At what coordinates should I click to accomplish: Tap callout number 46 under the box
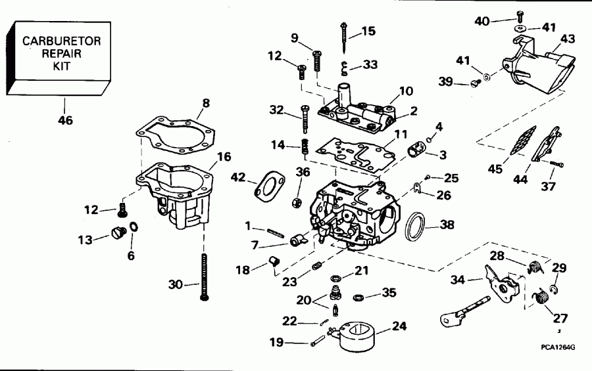(x=65, y=120)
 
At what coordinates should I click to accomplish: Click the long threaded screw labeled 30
(x=205, y=276)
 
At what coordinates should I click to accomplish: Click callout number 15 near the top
(x=368, y=31)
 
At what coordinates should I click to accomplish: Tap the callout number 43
(x=567, y=39)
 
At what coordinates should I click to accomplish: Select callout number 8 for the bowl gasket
(x=206, y=102)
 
